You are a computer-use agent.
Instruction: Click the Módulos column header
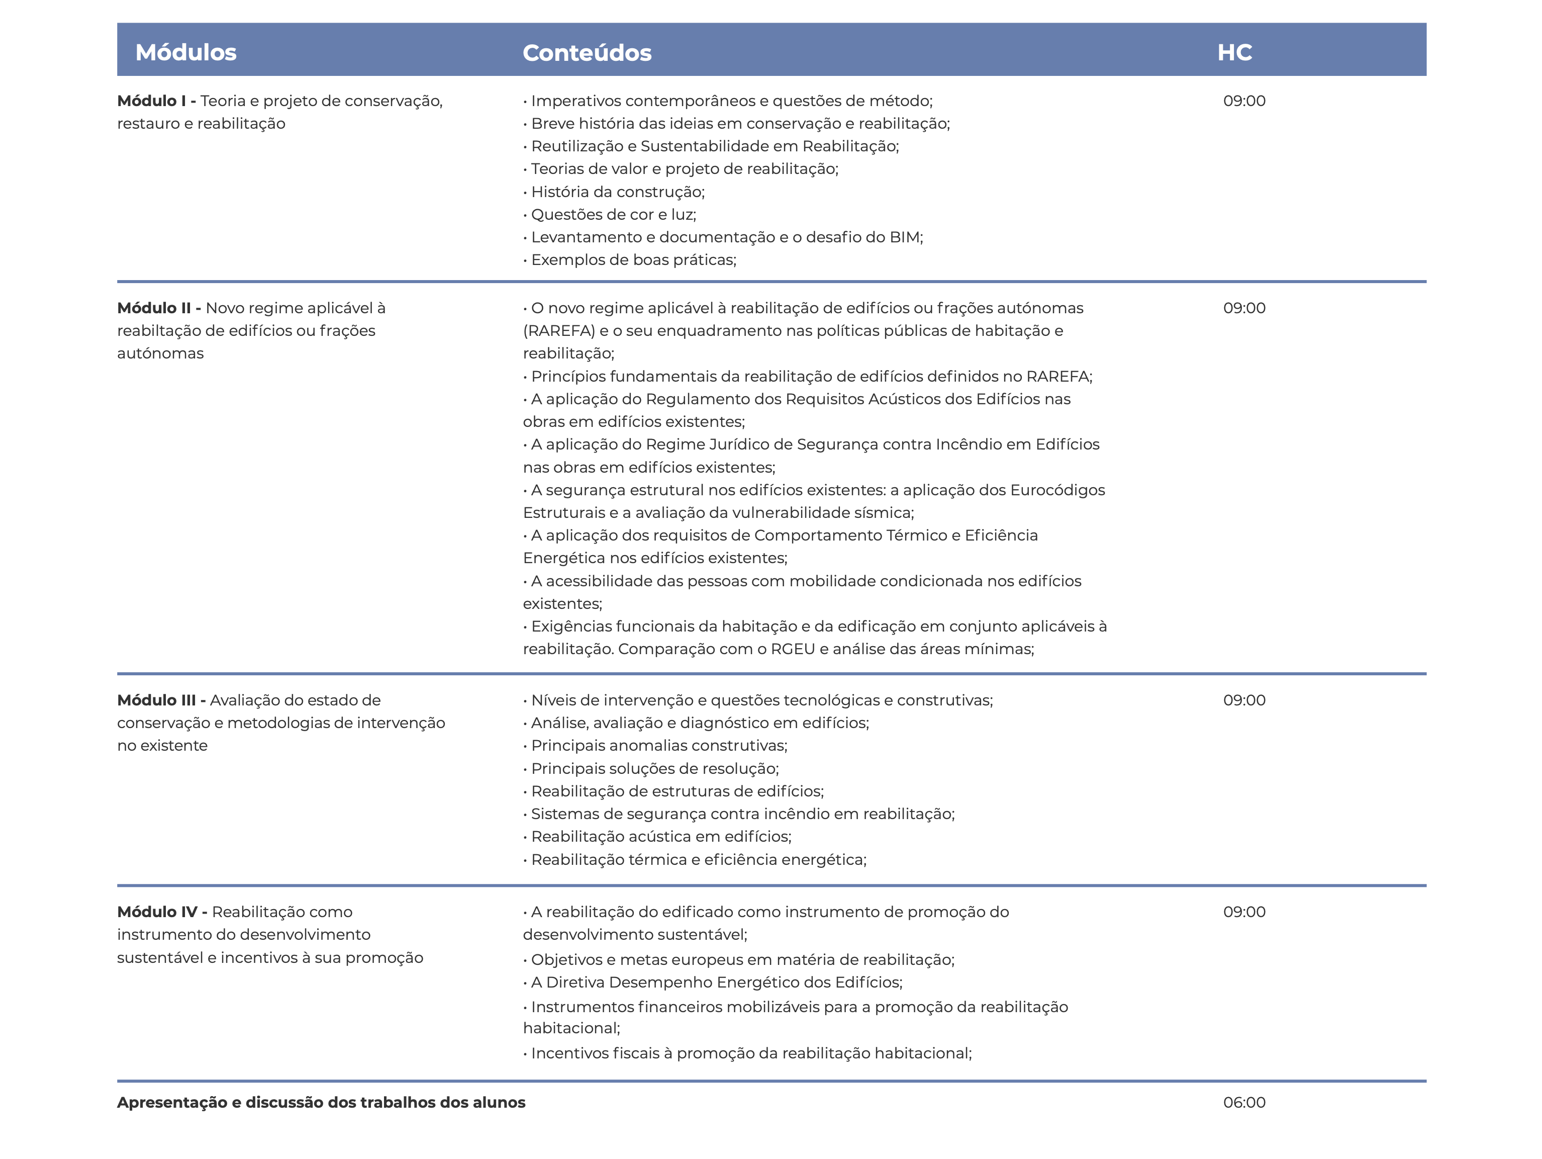tap(185, 52)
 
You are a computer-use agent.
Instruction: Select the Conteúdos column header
tap(587, 53)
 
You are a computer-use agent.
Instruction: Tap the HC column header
tap(1234, 52)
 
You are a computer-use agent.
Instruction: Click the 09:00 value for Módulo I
tap(1244, 101)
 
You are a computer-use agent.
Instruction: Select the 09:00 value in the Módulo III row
tap(1244, 700)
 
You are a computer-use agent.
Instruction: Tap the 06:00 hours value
tap(1244, 1103)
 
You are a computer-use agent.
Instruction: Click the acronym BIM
tap(904, 237)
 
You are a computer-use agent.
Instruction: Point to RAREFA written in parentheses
tap(559, 331)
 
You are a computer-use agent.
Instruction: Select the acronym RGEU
tap(793, 649)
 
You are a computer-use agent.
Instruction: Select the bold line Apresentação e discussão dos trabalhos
tap(321, 1103)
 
